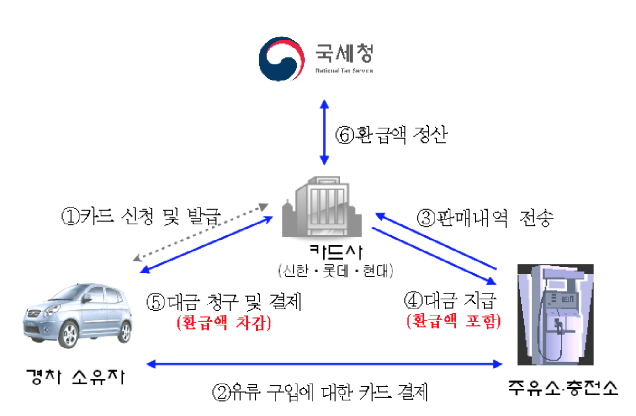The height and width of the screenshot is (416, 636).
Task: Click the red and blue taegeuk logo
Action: click(281, 59)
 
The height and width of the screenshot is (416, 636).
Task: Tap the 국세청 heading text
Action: click(344, 53)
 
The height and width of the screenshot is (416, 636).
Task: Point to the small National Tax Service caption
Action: click(344, 71)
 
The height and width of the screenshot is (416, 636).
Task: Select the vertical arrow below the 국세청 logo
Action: click(324, 132)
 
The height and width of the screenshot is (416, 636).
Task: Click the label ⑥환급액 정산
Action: click(391, 135)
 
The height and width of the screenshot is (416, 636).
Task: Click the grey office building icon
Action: click(322, 208)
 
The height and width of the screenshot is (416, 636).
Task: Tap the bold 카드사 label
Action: click(336, 251)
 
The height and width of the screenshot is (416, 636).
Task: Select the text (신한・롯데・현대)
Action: click(335, 271)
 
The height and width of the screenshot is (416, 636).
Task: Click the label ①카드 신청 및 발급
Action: click(141, 216)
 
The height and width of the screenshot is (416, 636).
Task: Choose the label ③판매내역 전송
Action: click(485, 218)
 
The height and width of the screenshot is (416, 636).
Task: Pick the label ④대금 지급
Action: click(450, 300)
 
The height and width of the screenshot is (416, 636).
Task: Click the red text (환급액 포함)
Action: click(454, 320)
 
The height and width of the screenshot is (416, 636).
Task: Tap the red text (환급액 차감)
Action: click(224, 322)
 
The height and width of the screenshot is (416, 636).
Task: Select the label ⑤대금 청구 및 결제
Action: click(224, 302)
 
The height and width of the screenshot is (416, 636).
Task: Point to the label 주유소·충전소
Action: click(563, 388)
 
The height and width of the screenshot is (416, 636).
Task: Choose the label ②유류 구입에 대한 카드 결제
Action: click(320, 392)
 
